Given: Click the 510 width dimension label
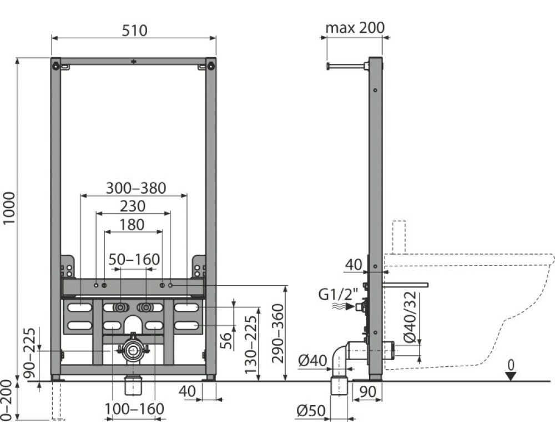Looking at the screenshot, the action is point(134,31).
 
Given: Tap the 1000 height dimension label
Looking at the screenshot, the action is point(9,208).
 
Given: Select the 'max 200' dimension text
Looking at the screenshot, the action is point(355,28).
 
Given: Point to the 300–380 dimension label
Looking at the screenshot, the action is point(137,188).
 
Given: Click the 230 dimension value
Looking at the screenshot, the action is point(133,206).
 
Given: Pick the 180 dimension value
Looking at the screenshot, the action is point(132,225).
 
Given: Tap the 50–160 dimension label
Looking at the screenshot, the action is point(134,260).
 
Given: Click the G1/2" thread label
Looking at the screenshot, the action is point(339,294).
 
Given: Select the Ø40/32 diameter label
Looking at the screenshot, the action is point(411,317).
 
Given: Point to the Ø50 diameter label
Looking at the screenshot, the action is point(311,411).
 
